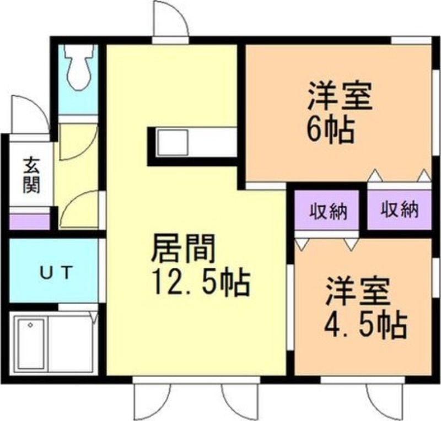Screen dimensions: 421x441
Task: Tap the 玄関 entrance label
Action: pos(31,175)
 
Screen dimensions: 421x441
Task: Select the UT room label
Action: pos(55,272)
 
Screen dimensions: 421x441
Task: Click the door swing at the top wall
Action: pos(168,20)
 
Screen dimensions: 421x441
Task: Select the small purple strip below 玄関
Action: pos(29,222)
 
